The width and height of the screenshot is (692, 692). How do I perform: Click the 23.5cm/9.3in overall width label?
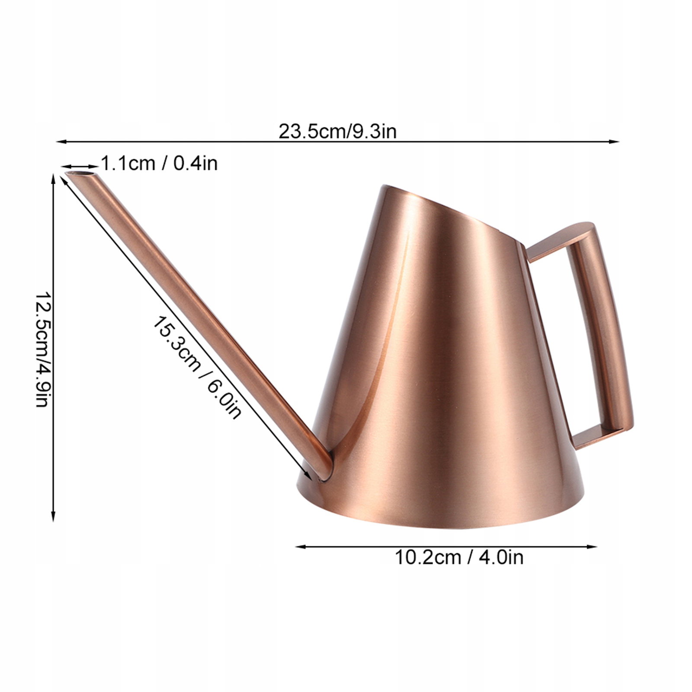337,131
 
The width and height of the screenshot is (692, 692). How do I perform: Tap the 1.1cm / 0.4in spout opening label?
159,163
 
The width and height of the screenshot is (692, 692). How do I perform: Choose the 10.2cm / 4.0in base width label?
459,557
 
